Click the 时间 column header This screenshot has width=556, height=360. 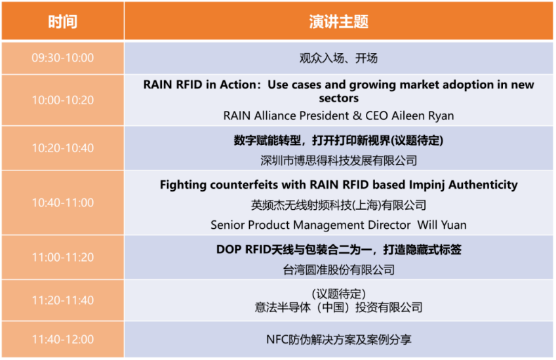coord(63,22)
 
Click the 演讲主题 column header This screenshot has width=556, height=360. coord(338,22)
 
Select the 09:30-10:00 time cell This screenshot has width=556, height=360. coord(63,58)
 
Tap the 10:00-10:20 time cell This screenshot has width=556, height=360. coord(63,100)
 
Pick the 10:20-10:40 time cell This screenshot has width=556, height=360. coord(63,148)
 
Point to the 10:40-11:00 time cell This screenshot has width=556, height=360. coord(63,203)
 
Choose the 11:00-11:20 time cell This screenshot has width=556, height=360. coord(63,257)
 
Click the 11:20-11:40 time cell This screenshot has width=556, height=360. coord(63,300)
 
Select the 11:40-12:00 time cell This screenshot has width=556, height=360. coord(63,340)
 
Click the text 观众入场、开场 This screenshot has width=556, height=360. coord(338,58)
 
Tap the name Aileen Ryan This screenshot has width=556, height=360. coord(423,115)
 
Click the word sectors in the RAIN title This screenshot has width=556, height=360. coord(338,98)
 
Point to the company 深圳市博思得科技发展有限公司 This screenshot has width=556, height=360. coord(338,161)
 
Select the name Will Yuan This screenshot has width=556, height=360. coord(442,225)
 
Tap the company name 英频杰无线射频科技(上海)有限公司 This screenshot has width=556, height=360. coord(338,205)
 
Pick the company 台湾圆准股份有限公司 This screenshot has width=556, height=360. coord(338,270)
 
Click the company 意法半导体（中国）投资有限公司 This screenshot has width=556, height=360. coord(338,307)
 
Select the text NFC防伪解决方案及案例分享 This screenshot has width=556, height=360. coord(338,340)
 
